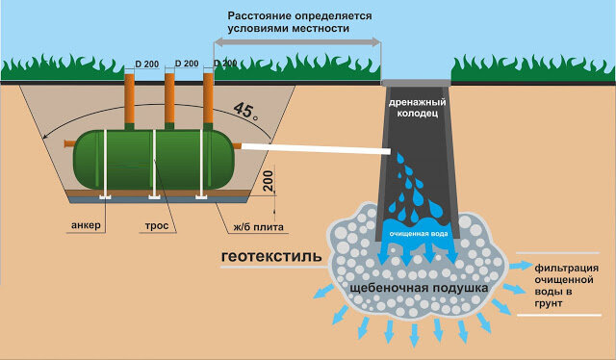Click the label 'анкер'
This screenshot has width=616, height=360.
(86, 225)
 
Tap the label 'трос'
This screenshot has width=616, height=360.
(157, 226)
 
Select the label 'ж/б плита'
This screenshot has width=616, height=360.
(258, 227)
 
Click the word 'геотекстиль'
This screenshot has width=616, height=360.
(271, 257)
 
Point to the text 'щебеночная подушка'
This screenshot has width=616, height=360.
(419, 288)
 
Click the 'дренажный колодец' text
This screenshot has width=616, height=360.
(417, 108)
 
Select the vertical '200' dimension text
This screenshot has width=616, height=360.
(268, 181)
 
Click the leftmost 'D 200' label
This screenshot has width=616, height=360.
(147, 64)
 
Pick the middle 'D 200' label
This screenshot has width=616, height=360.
(187, 64)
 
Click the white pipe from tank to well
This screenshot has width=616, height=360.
(316, 148)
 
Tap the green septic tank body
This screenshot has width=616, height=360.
(154, 159)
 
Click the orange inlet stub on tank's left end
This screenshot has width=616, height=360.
(69, 143)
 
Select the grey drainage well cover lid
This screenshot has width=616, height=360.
(416, 83)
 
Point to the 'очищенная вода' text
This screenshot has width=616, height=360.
(419, 234)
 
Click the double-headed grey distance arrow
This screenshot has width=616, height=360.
(297, 42)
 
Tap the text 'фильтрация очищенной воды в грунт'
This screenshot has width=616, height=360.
(567, 286)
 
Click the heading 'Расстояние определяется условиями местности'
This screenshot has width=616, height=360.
(299, 22)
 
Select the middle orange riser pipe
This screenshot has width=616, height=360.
(169, 98)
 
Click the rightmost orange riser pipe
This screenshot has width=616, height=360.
(208, 98)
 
